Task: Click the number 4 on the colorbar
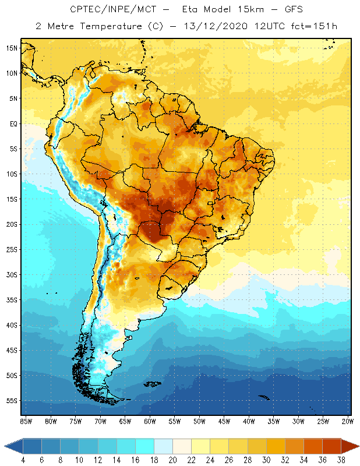[23, 460]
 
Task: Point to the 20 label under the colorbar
[172, 460]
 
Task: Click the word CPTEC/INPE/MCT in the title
[104, 10]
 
